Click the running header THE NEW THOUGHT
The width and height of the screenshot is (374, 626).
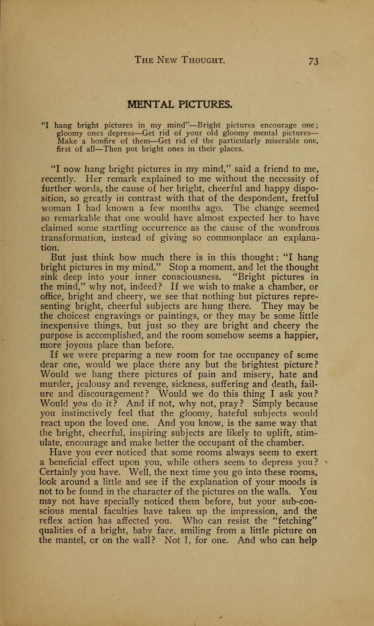(x=179, y=60)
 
